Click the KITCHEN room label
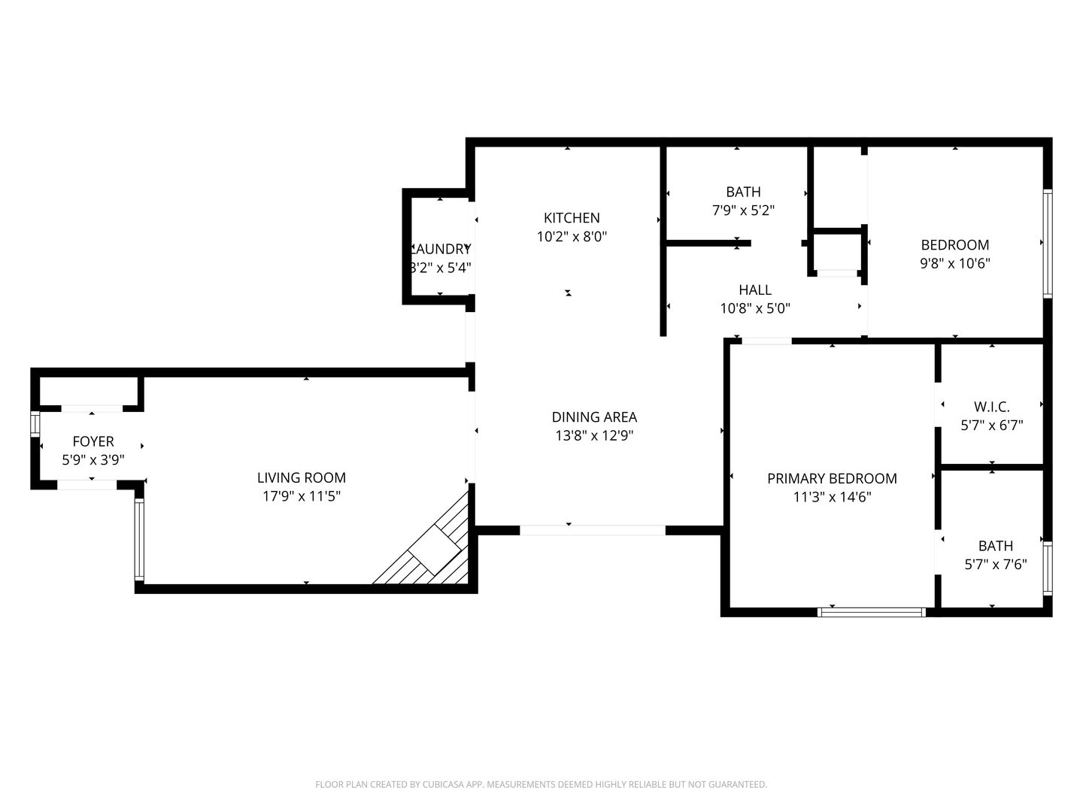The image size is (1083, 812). click(x=572, y=218)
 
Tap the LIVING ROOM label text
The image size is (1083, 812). click(x=301, y=477)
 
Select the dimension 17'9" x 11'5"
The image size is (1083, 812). click(x=301, y=496)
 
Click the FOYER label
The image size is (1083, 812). click(x=93, y=441)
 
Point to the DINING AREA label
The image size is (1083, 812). click(x=594, y=417)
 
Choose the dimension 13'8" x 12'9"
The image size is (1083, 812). click(x=594, y=435)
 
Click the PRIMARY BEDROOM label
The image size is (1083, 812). click(x=832, y=478)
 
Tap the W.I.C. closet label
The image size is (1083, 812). click(x=991, y=407)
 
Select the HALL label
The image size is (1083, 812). click(x=755, y=289)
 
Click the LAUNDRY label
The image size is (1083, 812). click(x=441, y=249)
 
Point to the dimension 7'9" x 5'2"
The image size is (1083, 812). click(x=743, y=211)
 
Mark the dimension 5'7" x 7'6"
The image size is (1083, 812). click(x=995, y=565)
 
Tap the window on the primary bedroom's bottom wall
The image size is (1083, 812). click(x=872, y=612)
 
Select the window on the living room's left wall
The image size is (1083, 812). click(x=139, y=539)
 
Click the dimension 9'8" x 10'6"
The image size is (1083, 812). click(x=955, y=263)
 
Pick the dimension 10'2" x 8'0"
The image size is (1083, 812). click(x=572, y=237)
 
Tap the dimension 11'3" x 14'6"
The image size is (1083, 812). click(x=832, y=497)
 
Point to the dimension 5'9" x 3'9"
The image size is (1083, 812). click(x=93, y=460)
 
